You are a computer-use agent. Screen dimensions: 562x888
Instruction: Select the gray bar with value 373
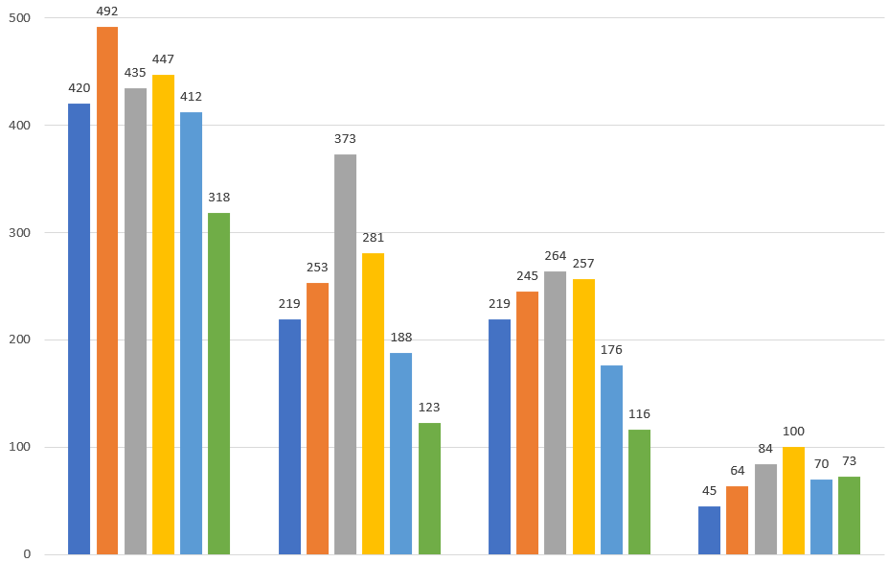345,354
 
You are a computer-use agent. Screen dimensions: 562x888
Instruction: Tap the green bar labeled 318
219,384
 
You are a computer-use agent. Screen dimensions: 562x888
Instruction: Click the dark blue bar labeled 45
709,530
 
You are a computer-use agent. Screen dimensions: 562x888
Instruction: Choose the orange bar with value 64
737,520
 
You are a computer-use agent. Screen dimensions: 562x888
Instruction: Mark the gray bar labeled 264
555,412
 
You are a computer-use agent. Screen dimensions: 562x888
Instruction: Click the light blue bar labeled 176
611,459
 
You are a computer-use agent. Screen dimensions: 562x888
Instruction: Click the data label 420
79,88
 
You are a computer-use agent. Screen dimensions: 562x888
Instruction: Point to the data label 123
429,408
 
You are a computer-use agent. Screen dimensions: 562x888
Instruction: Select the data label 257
583,263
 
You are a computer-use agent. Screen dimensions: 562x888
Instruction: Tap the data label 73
849,461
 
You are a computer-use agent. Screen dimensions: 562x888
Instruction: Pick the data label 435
135,72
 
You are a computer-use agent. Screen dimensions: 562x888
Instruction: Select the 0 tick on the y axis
27,554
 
